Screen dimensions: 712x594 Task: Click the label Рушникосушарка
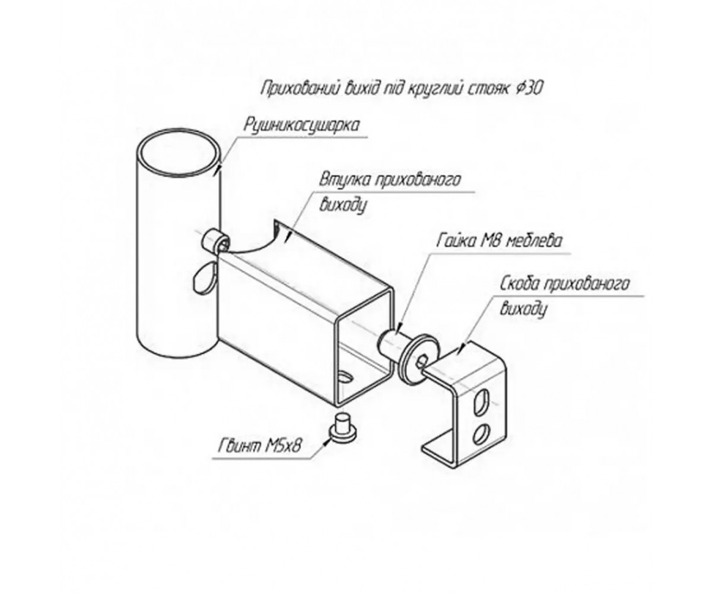coord(301,125)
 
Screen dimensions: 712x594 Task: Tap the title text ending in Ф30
coord(401,89)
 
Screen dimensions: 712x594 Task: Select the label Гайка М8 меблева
coord(499,241)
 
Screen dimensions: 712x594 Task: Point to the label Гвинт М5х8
coord(260,446)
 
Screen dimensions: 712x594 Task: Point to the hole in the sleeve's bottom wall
coord(347,377)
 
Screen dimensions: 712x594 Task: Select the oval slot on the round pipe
coord(204,276)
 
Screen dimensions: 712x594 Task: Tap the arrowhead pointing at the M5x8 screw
coord(326,443)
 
